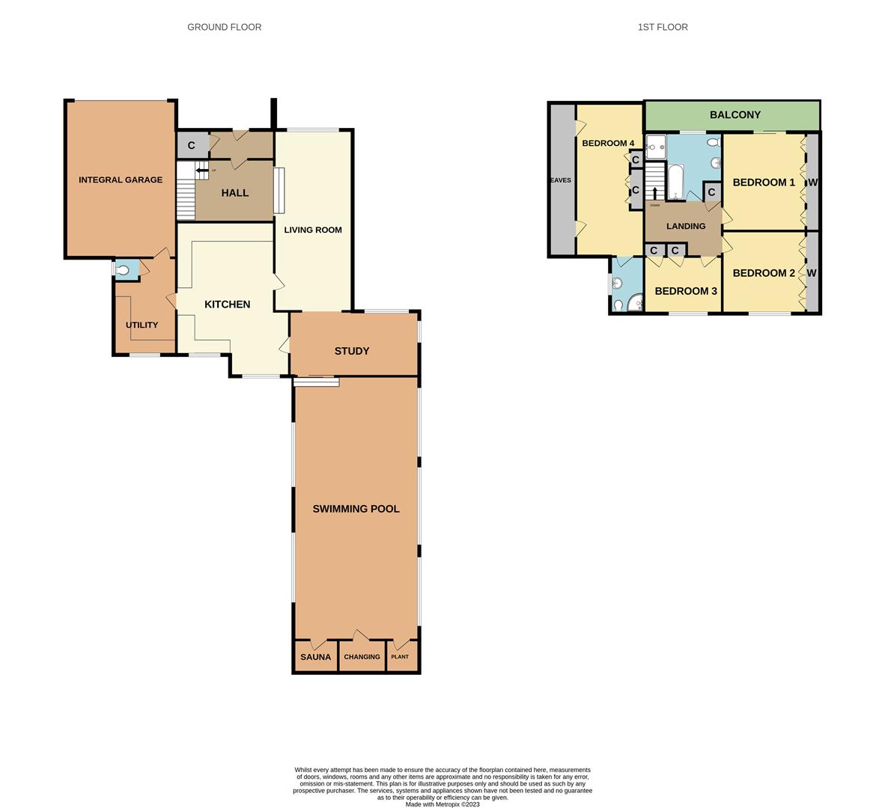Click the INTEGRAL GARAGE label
click(x=121, y=180)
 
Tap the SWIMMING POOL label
click(x=356, y=509)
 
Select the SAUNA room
click(x=315, y=657)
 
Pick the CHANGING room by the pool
click(x=362, y=657)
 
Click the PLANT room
click(x=400, y=657)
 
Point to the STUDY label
click(x=352, y=351)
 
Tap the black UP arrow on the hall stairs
click(x=201, y=171)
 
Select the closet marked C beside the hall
click(x=192, y=146)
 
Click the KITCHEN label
click(x=227, y=304)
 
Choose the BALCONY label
click(x=735, y=115)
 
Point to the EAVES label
click(x=560, y=180)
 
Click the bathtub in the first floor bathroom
click(x=675, y=183)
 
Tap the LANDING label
click(x=685, y=226)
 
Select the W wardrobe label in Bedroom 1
click(x=812, y=183)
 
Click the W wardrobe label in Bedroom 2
click(x=811, y=273)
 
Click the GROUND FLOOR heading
click(x=224, y=27)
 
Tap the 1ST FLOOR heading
click(x=662, y=27)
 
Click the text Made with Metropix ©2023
click(x=442, y=804)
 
